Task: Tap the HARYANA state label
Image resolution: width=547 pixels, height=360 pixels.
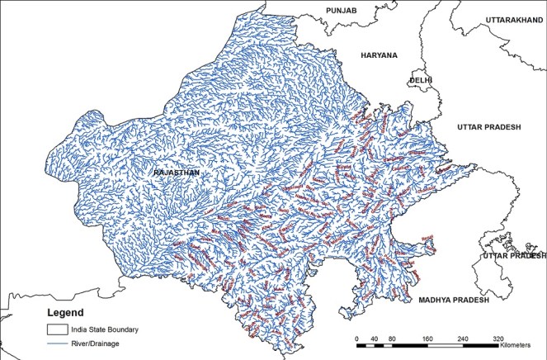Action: tap(379, 55)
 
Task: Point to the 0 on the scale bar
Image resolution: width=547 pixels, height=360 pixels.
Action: tap(356, 339)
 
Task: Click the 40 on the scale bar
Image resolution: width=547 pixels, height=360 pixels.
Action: tap(374, 339)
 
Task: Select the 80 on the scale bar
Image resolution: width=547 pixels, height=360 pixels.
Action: tap(391, 339)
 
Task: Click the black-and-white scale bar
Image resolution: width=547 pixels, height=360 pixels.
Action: tap(427, 347)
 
